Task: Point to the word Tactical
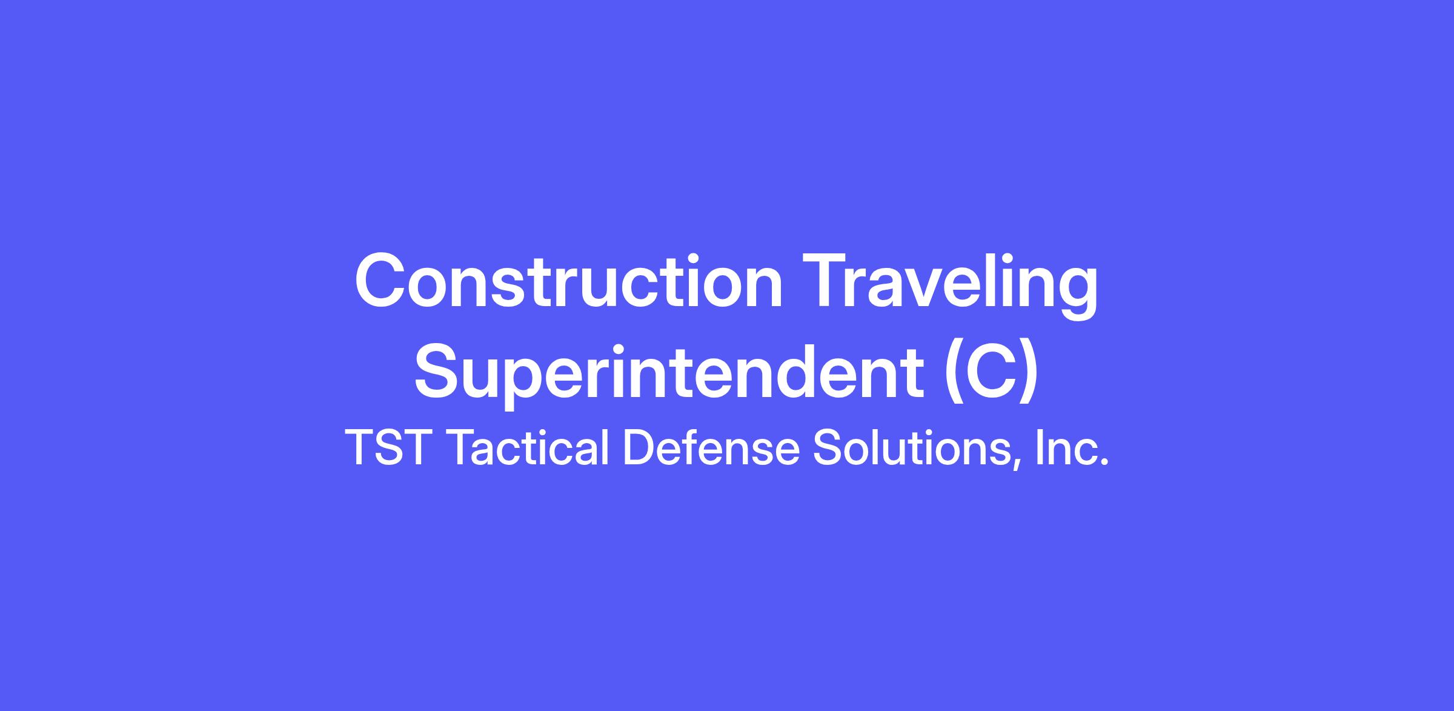tap(527, 447)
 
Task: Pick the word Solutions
tap(912, 447)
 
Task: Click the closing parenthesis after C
tap(1029, 375)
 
